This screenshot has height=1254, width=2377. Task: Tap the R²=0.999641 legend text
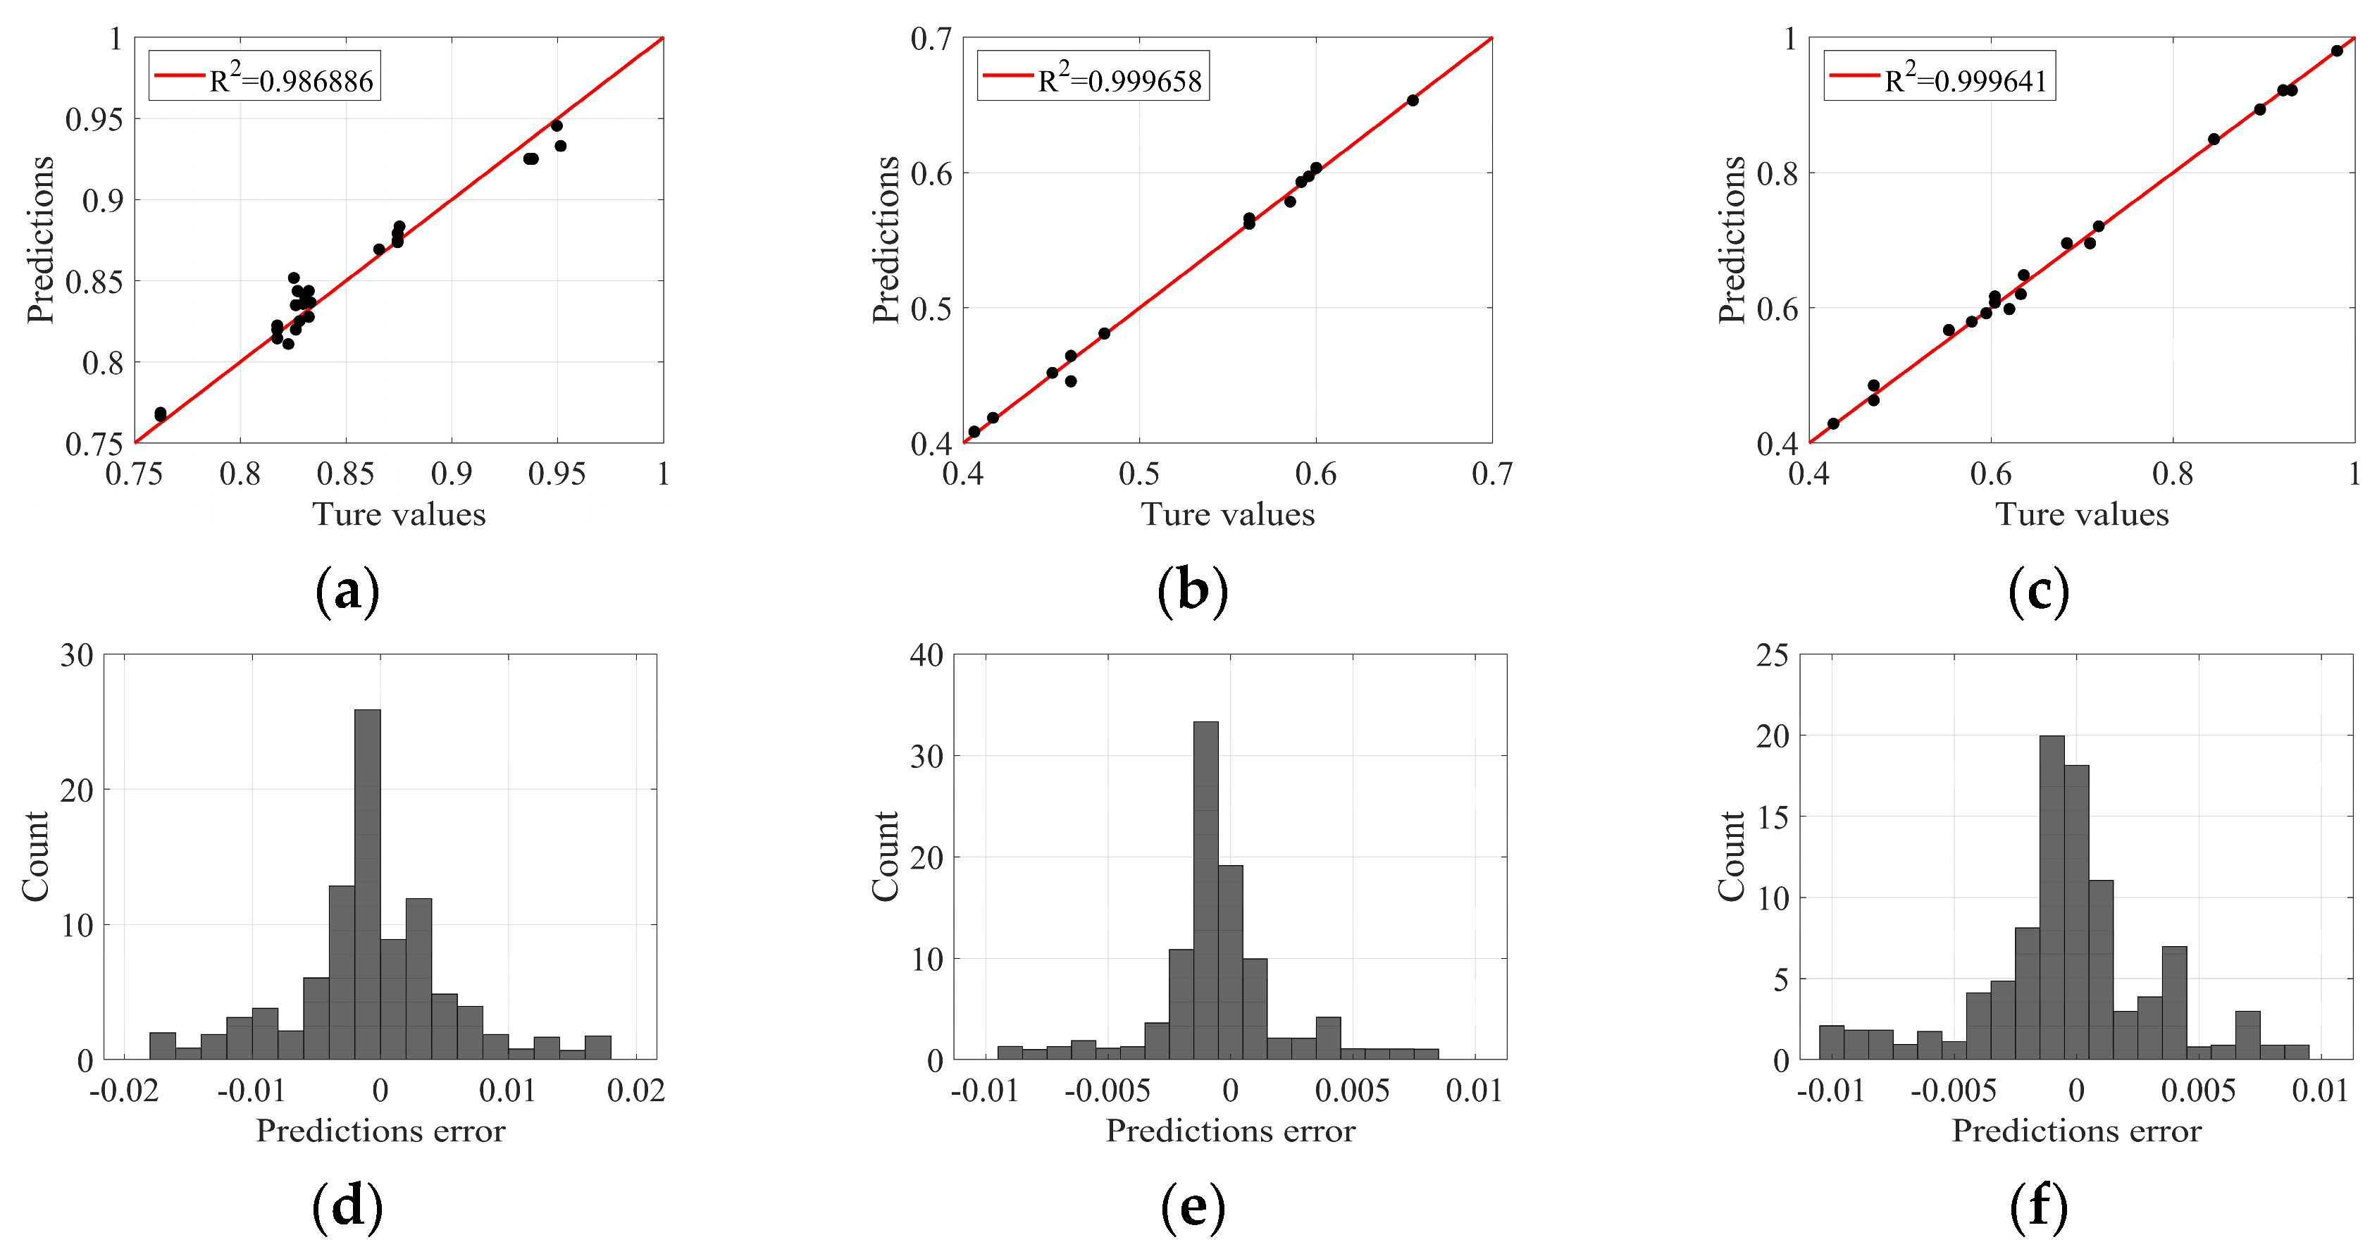click(1965, 81)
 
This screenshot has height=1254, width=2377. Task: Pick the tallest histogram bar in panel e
click(1205, 890)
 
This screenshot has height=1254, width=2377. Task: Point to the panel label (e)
click(1193, 1207)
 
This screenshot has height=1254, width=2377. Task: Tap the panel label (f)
click(2038, 1207)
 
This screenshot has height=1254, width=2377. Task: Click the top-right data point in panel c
click(2336, 51)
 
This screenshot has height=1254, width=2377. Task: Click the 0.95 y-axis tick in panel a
click(93, 119)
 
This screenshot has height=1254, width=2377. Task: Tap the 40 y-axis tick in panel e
click(926, 656)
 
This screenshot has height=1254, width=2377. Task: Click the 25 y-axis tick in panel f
click(1773, 656)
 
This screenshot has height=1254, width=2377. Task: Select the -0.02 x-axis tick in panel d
click(117, 1091)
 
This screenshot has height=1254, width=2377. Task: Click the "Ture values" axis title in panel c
click(2082, 514)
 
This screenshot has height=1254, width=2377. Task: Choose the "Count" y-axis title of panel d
click(35, 856)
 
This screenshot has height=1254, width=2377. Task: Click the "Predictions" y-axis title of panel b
click(886, 240)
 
